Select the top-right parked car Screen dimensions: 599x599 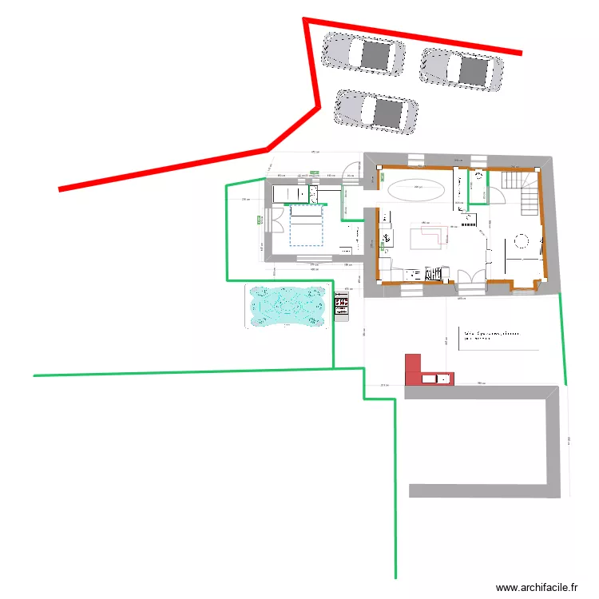[462, 69]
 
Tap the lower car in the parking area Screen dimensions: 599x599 [376, 110]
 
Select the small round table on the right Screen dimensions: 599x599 [522, 240]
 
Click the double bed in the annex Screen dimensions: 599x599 [304, 225]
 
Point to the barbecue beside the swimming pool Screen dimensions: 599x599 [342, 307]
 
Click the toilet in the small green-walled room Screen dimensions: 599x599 [479, 177]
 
